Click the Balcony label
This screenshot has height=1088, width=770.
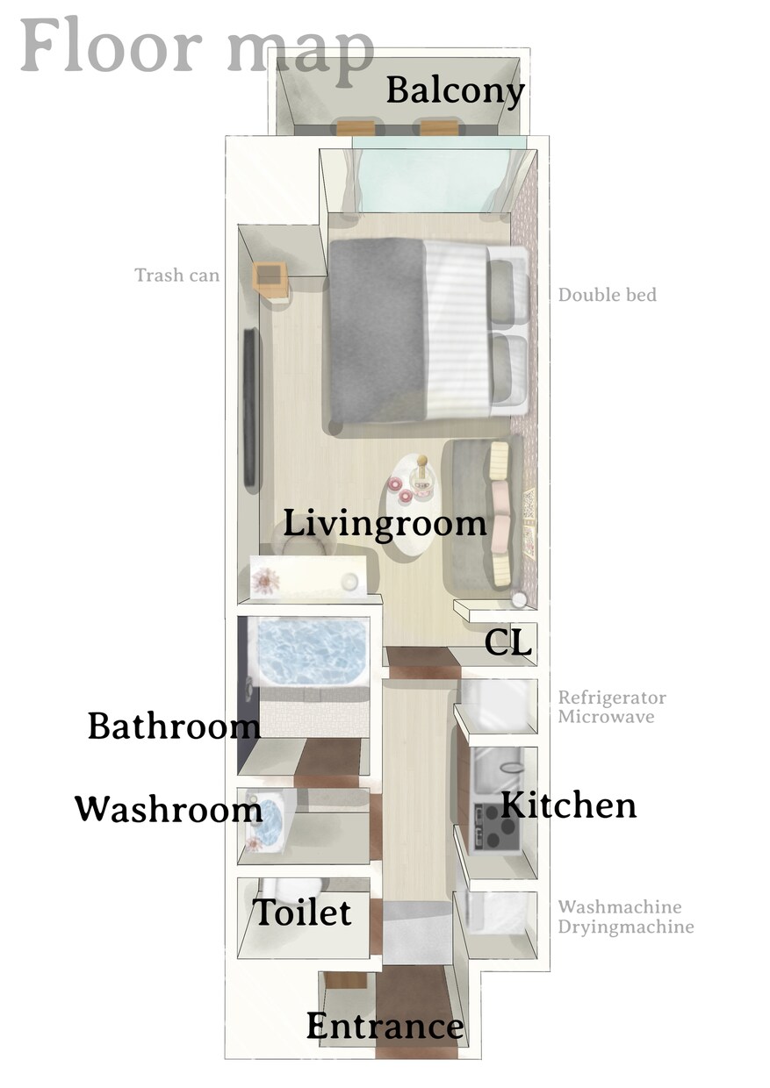[455, 91]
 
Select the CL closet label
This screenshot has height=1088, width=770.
[507, 642]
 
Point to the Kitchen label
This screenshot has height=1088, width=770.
[568, 805]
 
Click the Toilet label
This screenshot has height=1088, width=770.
[302, 912]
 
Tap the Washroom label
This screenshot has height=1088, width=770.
[169, 810]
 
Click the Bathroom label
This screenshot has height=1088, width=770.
[174, 726]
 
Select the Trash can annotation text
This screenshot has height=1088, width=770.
[177, 276]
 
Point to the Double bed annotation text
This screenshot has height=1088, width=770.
[608, 295]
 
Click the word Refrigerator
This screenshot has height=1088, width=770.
[612, 698]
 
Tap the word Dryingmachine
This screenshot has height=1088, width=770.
[626, 927]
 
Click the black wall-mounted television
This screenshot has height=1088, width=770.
[250, 406]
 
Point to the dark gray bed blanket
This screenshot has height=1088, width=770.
[378, 329]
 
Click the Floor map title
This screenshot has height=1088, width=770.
[197, 48]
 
